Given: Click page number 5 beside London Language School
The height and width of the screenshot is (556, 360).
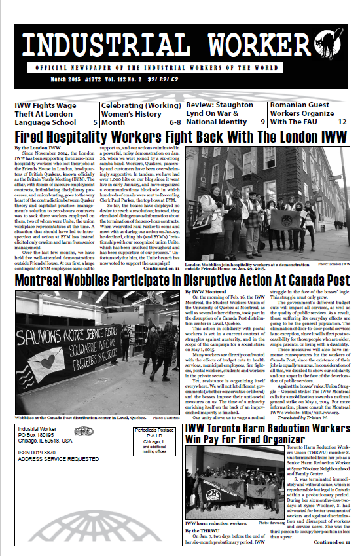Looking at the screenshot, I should click(96, 122).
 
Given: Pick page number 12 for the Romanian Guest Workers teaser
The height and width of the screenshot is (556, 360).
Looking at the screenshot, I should click(342, 122).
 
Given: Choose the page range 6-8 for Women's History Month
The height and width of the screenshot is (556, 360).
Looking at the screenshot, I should click(175, 122).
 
